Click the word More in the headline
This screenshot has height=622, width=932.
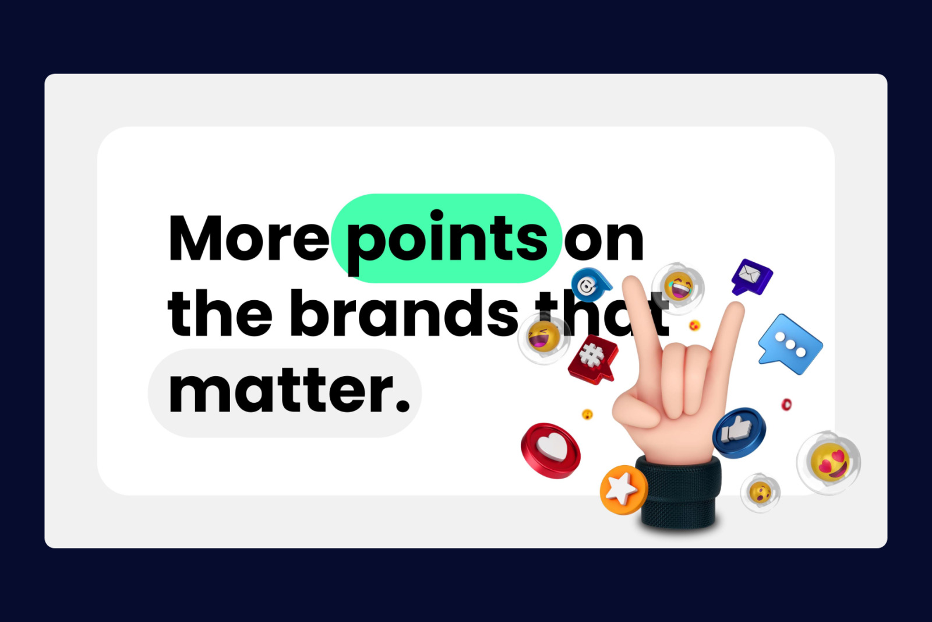(248, 238)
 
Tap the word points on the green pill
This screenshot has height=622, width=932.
(447, 241)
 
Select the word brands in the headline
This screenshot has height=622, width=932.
(404, 313)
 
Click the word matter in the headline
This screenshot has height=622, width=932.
(280, 391)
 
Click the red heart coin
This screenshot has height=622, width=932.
(550, 450)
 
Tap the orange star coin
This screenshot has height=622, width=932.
(623, 490)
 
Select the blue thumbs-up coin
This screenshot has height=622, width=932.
(739, 433)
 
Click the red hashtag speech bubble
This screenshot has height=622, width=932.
(594, 359)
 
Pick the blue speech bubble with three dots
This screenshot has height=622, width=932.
(790, 345)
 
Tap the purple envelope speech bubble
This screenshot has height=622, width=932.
(751, 277)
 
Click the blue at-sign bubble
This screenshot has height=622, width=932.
(591, 284)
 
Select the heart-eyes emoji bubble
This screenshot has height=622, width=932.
(829, 462)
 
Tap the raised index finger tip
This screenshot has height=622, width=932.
(632, 283)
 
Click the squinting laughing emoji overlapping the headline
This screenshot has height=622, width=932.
(543, 337)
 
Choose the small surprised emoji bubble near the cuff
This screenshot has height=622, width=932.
(760, 493)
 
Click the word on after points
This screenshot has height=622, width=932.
(604, 241)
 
